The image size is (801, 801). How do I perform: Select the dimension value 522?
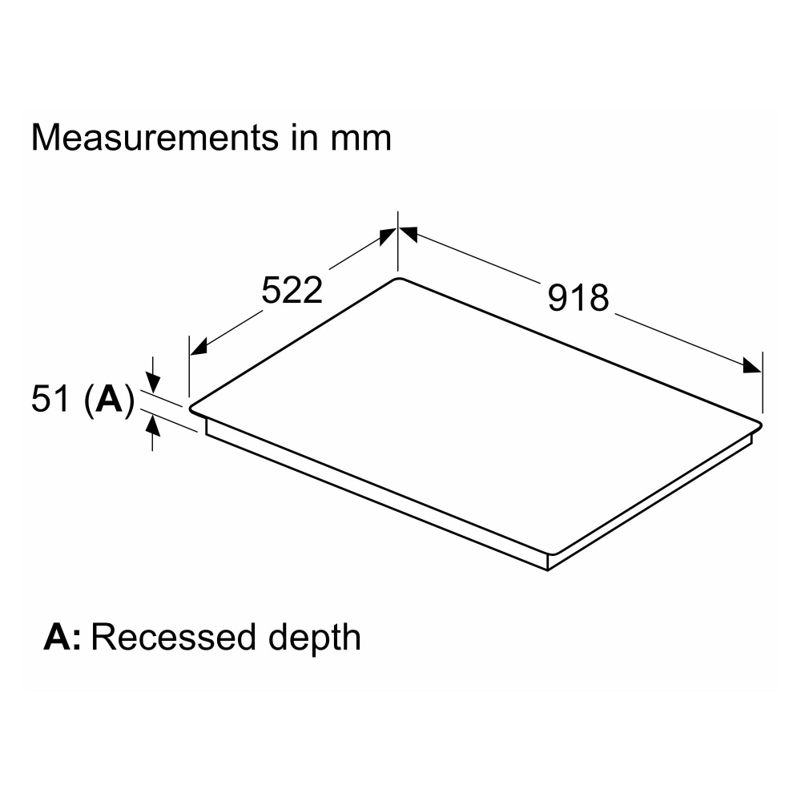[x=292, y=290]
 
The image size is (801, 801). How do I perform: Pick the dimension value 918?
[x=578, y=298]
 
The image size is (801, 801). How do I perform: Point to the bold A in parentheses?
[x=107, y=400]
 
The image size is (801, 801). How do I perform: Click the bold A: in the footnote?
[x=63, y=638]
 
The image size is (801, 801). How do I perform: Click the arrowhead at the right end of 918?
[x=752, y=366]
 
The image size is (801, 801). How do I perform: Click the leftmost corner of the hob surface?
[x=191, y=407]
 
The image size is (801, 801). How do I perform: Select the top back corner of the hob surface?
[x=398, y=279]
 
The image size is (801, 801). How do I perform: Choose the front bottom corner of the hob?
[x=547, y=569]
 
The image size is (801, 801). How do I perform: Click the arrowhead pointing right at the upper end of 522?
[x=387, y=236]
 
